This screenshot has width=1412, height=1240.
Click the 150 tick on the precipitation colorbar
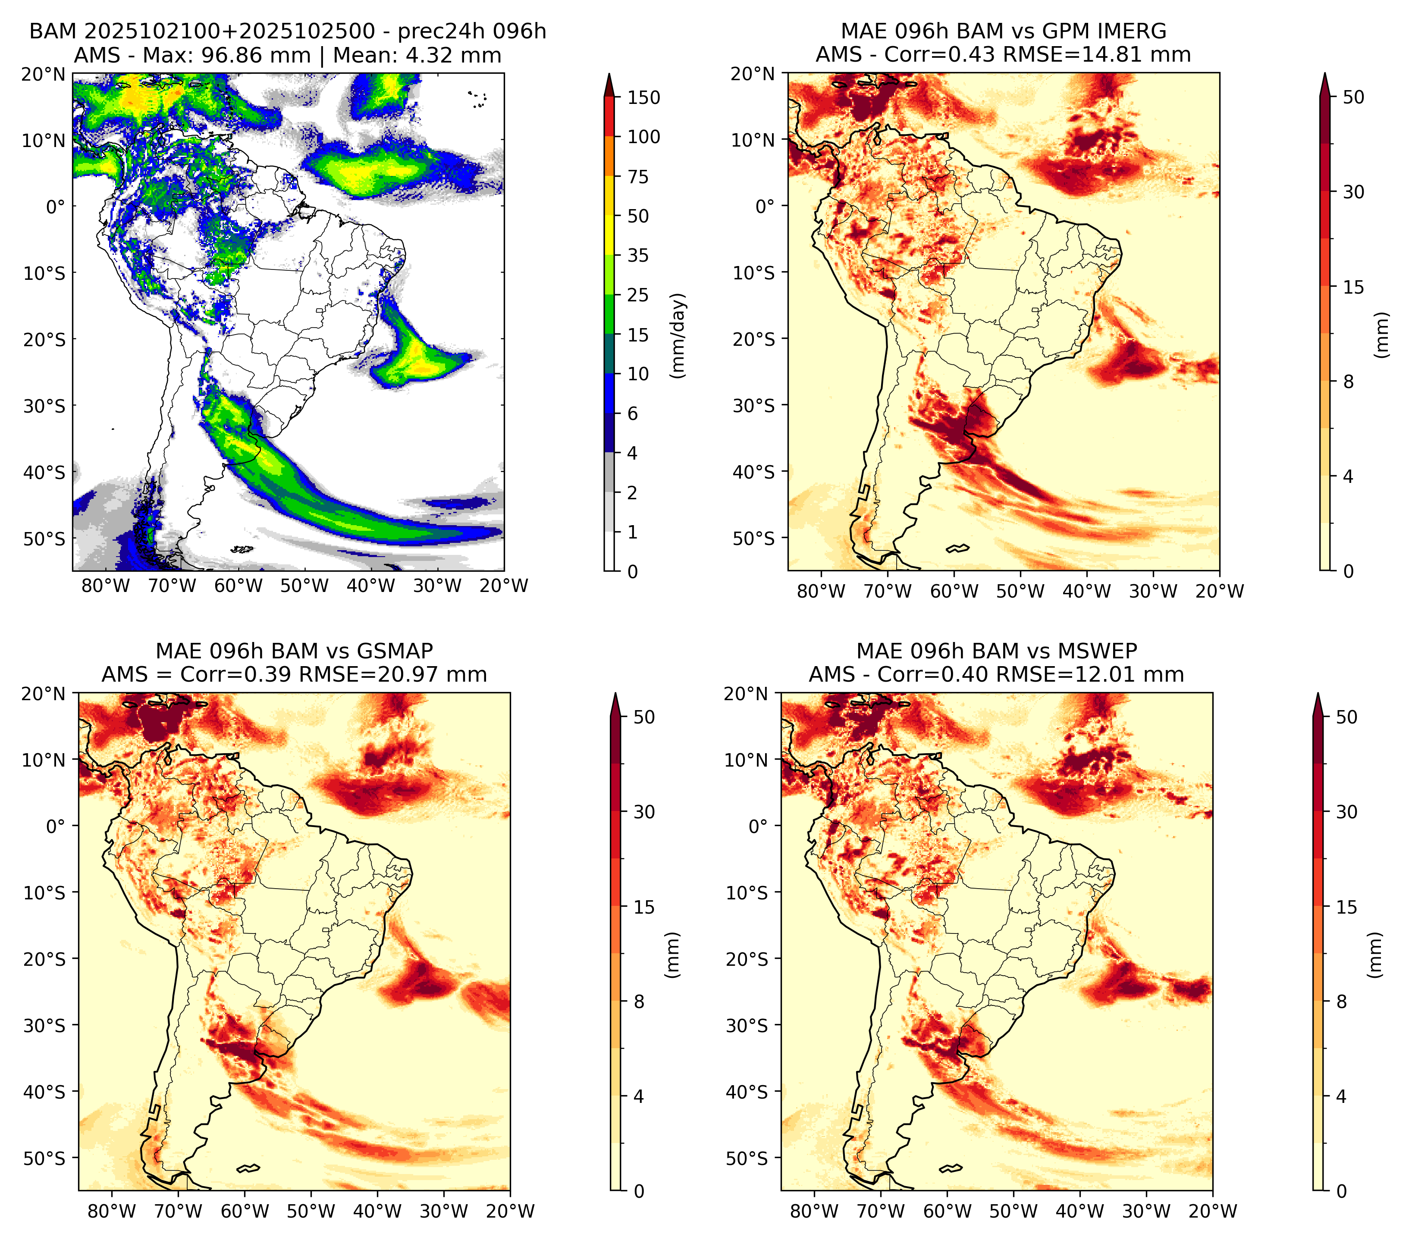pos(643,97)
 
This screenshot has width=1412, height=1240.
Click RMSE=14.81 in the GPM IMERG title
pos(1075,55)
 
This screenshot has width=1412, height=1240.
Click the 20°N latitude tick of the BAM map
pos(43,74)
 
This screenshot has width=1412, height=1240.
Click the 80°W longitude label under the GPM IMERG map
pos(821,591)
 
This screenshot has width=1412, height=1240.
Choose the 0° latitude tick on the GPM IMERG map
pos(766,206)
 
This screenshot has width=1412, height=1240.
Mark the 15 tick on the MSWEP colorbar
pos(1346,907)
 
